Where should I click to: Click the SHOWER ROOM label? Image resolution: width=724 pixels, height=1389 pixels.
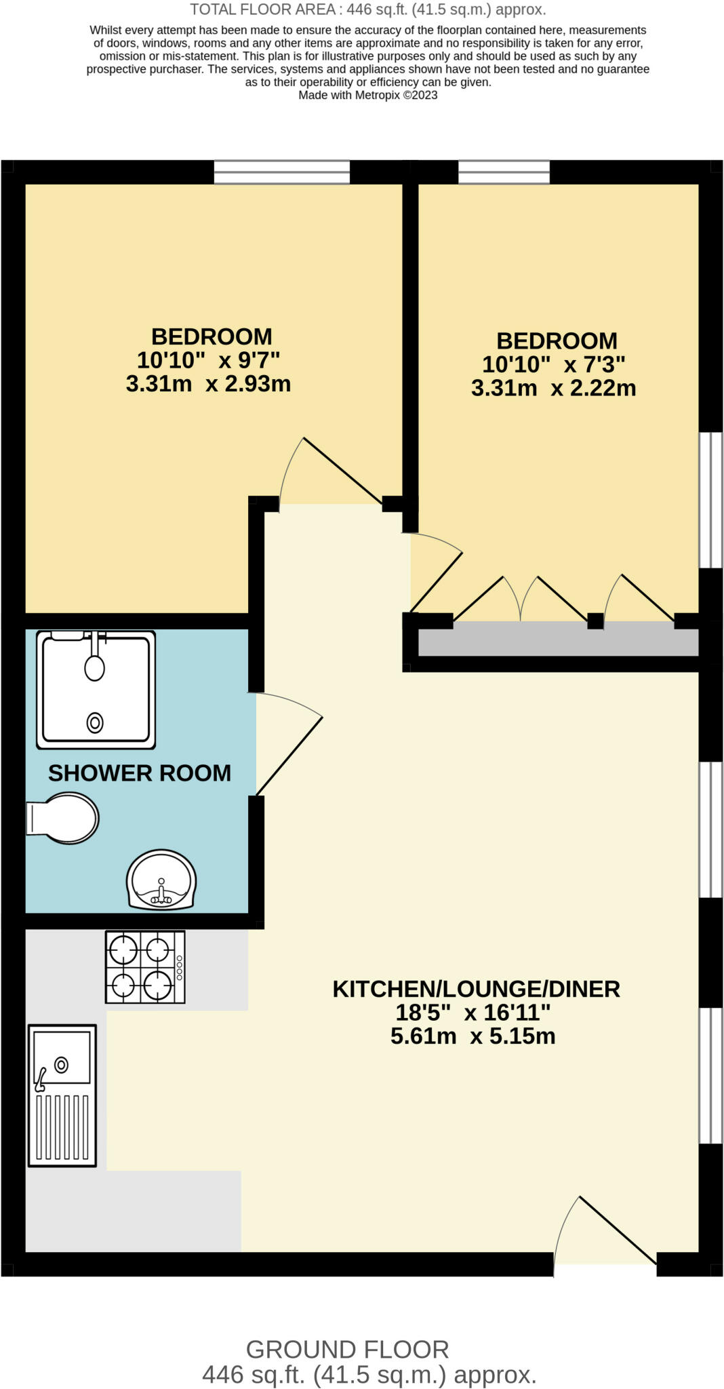click(x=140, y=773)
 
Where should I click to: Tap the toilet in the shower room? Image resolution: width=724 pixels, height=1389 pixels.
click(x=62, y=818)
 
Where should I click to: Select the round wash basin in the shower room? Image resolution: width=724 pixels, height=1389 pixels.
click(x=161, y=880)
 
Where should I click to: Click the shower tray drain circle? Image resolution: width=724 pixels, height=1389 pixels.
click(x=95, y=723)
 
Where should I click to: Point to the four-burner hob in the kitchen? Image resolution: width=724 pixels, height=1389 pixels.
click(x=145, y=966)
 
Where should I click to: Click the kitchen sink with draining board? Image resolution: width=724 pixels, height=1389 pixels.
click(x=62, y=1095)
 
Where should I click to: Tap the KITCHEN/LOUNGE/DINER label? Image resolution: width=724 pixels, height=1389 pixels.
click(x=476, y=989)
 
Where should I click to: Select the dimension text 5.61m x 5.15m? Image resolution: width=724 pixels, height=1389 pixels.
click(x=473, y=1036)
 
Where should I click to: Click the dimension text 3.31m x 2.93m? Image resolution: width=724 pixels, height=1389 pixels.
click(x=208, y=384)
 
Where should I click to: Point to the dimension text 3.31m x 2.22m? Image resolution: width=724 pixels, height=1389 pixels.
click(x=554, y=389)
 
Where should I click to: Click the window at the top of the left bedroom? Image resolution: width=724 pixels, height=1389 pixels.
click(x=282, y=172)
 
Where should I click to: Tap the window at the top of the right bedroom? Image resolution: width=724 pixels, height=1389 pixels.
click(x=504, y=172)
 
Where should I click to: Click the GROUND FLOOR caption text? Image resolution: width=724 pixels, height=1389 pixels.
click(x=348, y=1350)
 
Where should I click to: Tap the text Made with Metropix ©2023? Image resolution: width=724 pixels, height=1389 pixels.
click(x=368, y=95)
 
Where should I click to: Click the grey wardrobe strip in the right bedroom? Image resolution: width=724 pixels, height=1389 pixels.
click(x=559, y=640)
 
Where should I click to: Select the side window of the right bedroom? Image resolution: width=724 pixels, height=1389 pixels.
click(x=711, y=500)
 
